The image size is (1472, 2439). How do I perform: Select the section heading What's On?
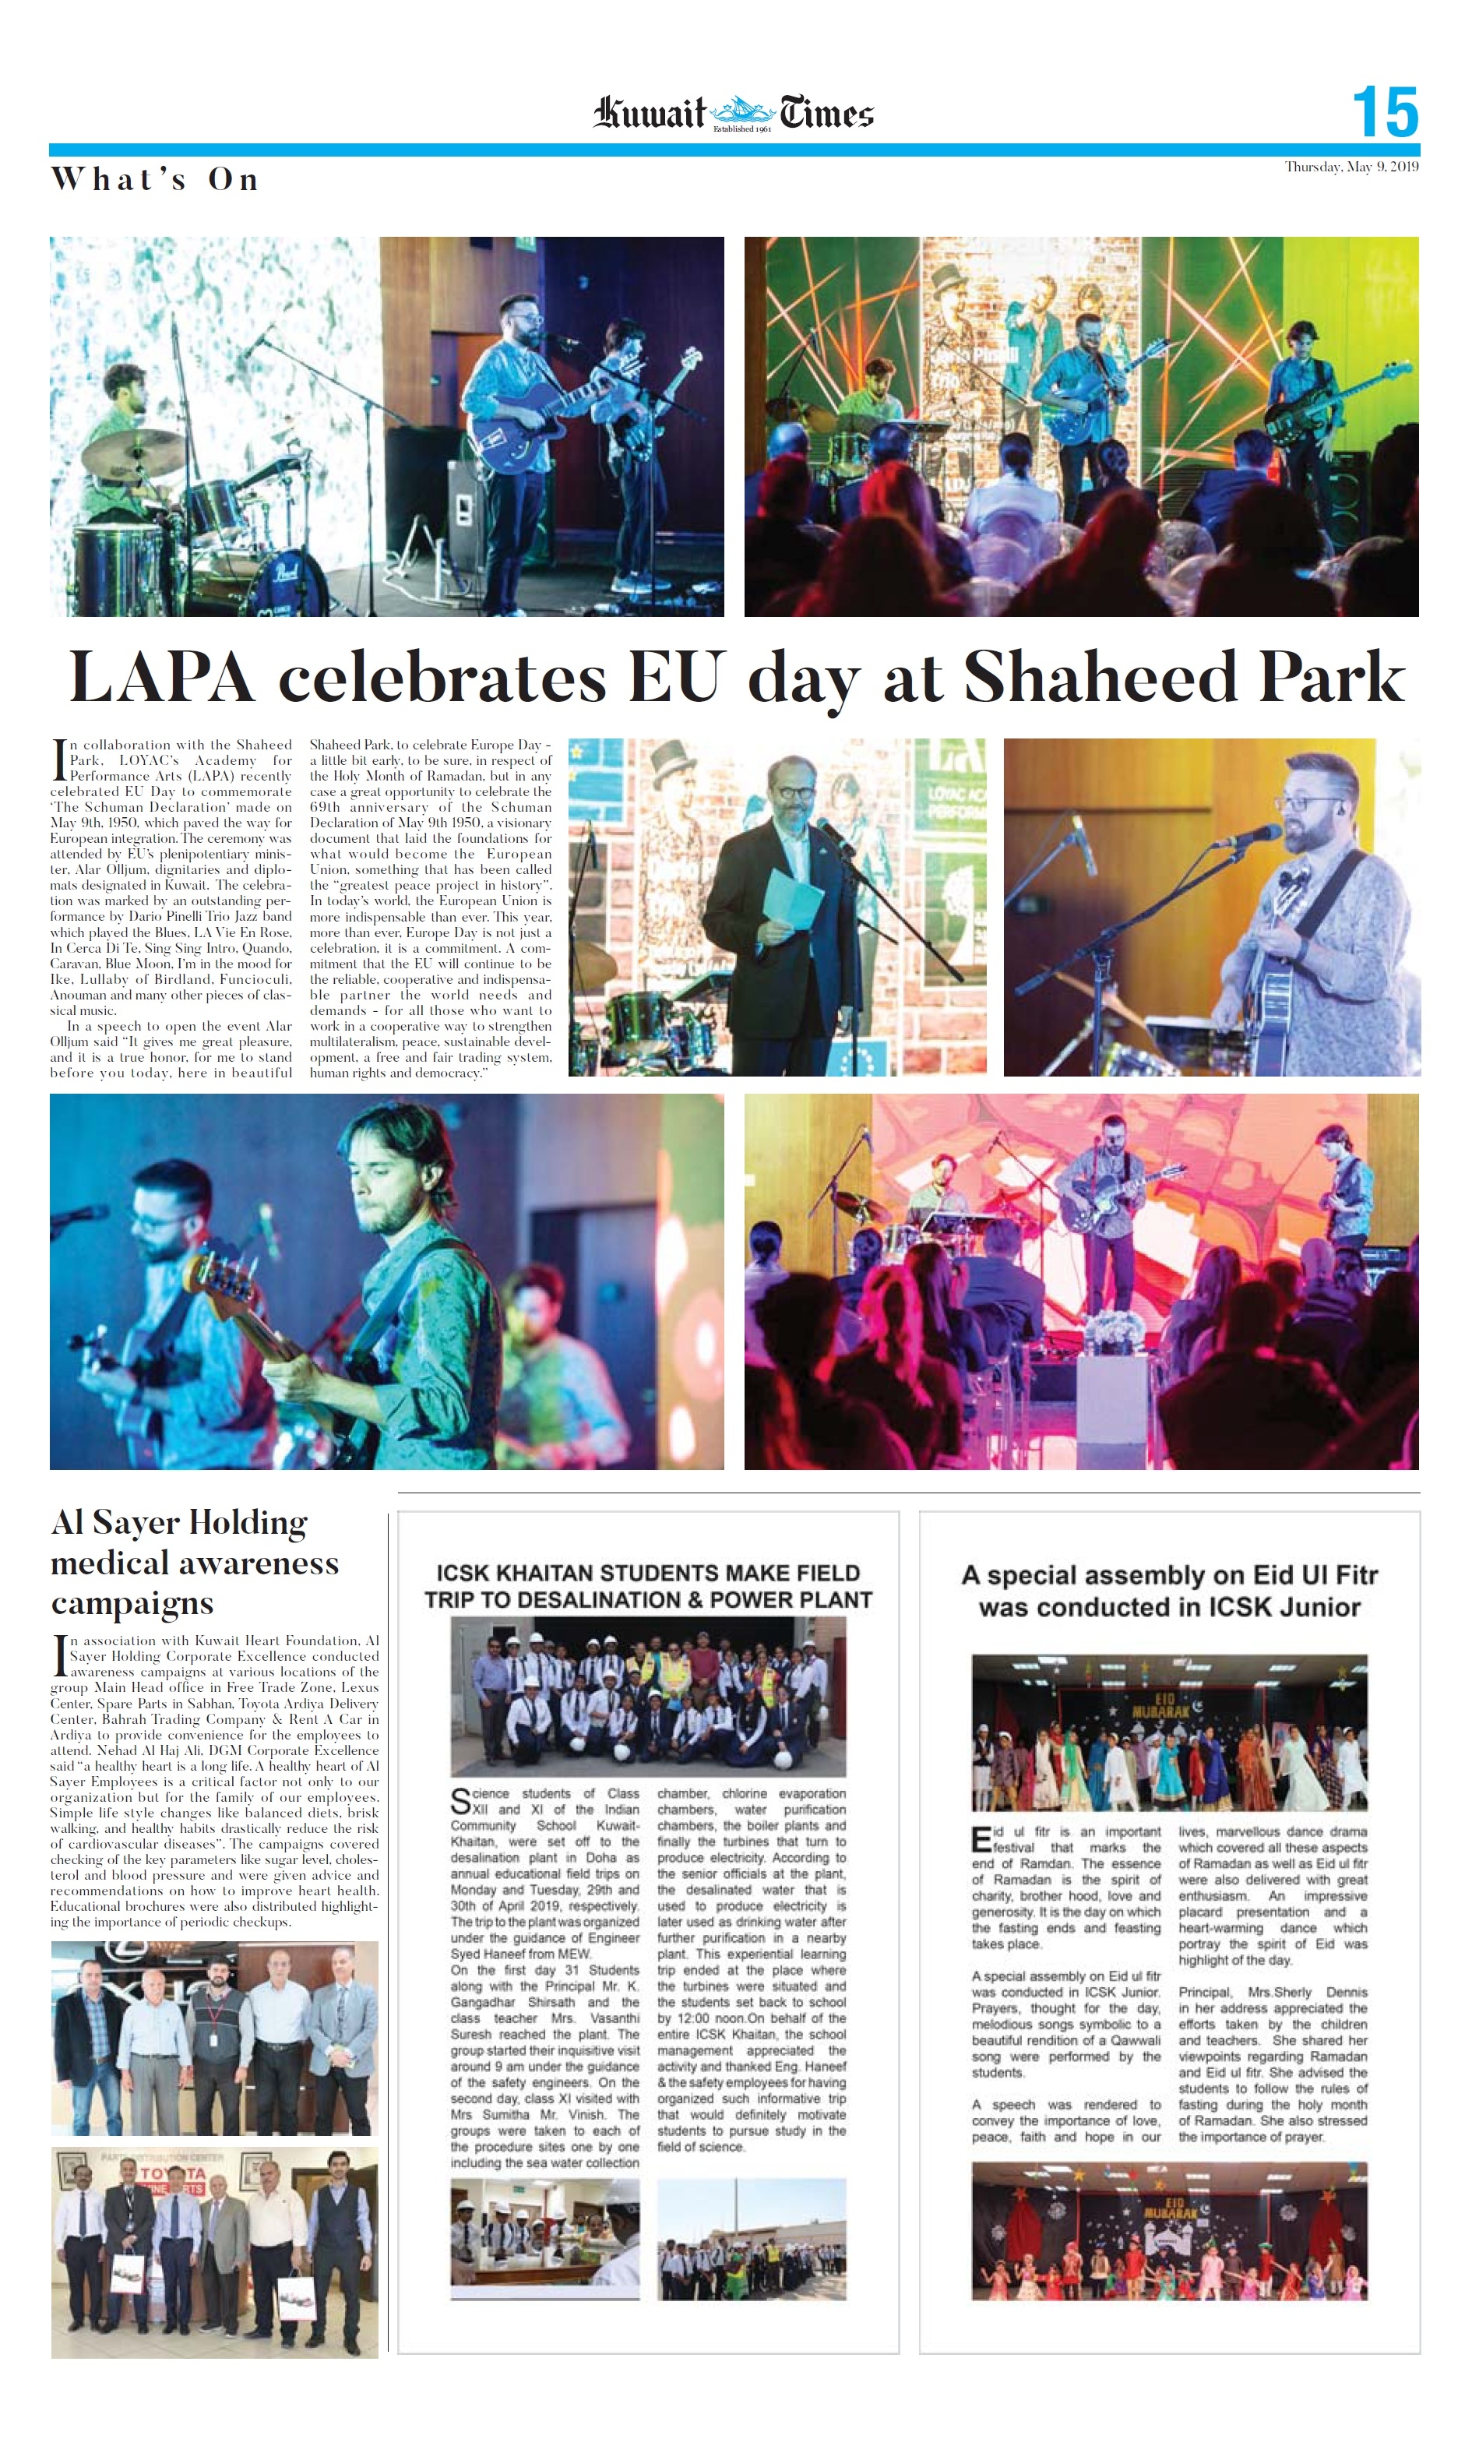pos(154,179)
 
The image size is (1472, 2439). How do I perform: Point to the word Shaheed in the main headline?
pos(1099,679)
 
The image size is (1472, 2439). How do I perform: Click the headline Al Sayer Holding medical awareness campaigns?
pos(194,1562)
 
